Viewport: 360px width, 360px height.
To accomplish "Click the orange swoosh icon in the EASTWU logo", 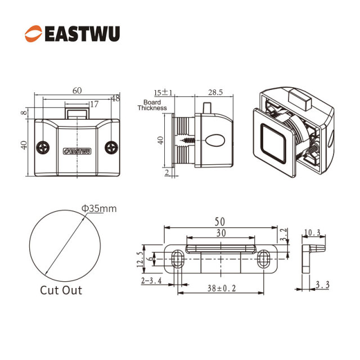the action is tap(34, 34).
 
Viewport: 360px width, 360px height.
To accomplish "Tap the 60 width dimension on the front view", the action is tap(77, 91).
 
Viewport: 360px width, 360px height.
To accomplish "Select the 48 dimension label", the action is tap(115, 98).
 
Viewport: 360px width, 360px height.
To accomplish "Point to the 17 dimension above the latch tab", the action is tap(94, 104).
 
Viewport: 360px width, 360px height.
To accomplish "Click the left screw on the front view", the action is tap(43, 147).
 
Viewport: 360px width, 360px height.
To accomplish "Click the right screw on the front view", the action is tap(111, 147).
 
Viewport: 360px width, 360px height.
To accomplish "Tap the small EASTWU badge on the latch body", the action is tap(77, 151).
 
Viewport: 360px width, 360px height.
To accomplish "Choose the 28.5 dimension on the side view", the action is tap(215, 92).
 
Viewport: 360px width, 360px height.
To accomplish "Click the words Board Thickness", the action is tap(152, 105).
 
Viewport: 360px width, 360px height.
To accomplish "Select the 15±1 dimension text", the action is tap(163, 92).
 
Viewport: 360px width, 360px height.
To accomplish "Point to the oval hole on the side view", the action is tap(215, 140).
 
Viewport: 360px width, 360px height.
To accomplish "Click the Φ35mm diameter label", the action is tap(99, 209).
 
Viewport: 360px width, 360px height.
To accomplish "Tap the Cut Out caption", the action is tap(61, 290).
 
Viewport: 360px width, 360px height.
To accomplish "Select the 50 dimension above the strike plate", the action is tap(220, 222).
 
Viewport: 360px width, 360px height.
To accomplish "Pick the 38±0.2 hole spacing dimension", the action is tap(222, 288).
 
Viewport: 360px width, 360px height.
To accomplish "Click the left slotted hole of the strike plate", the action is tap(178, 259).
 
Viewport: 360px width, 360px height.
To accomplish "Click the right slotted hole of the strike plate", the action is tap(264, 259).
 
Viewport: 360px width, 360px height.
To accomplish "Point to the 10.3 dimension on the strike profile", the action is tap(312, 233).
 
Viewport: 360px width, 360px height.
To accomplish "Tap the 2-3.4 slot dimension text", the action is tap(151, 281).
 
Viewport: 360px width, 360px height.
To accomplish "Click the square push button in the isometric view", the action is tap(273, 143).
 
